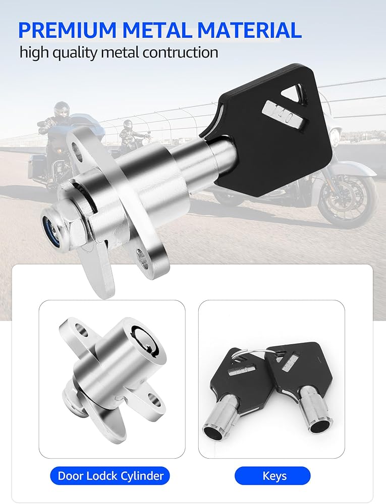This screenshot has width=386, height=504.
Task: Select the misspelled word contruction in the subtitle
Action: tap(180, 52)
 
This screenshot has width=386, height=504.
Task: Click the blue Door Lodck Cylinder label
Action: tap(109, 475)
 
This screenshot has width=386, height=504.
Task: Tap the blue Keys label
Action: tap(272, 476)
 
